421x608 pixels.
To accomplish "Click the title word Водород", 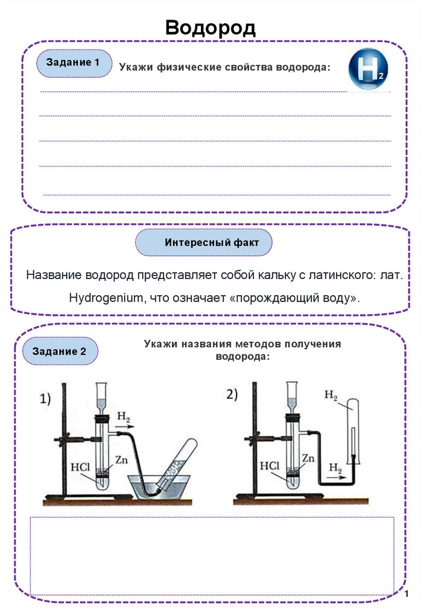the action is click(210, 27).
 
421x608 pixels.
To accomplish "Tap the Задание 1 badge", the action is click(74, 62).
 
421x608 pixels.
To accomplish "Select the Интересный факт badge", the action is click(204, 243).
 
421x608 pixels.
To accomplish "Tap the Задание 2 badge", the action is click(59, 351).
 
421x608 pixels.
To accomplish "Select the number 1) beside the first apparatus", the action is click(47, 400).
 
